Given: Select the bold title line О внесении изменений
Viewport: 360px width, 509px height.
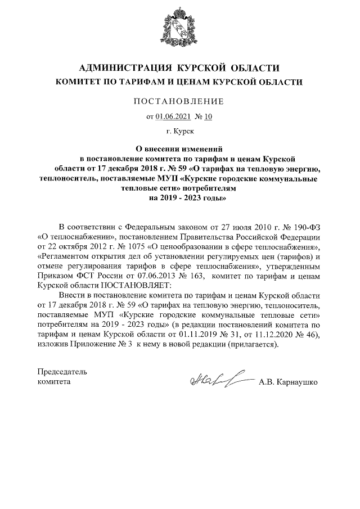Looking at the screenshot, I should click(179, 149).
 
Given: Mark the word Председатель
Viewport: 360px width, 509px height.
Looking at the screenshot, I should click(62, 372).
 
